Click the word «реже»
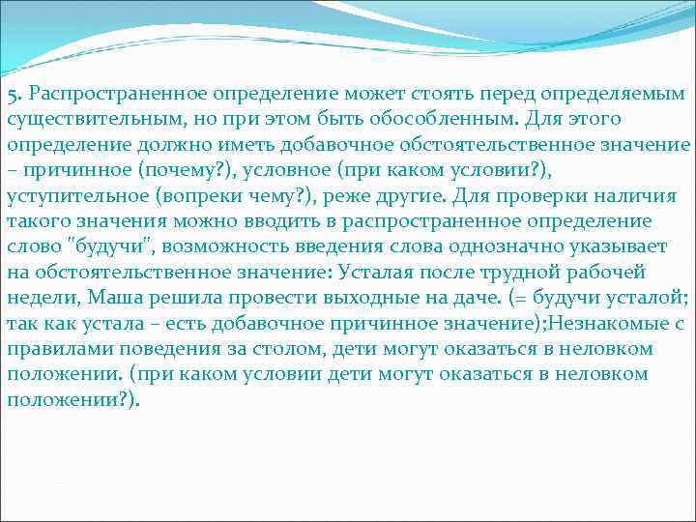coord(354,197)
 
